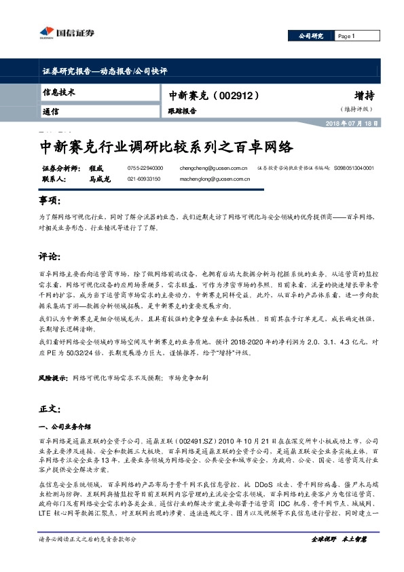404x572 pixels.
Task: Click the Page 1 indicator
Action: pos(346,35)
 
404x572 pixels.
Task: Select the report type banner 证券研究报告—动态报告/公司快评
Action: pos(105,71)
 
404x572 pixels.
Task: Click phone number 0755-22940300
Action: pos(145,167)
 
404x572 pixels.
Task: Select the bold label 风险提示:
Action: pos(53,376)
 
